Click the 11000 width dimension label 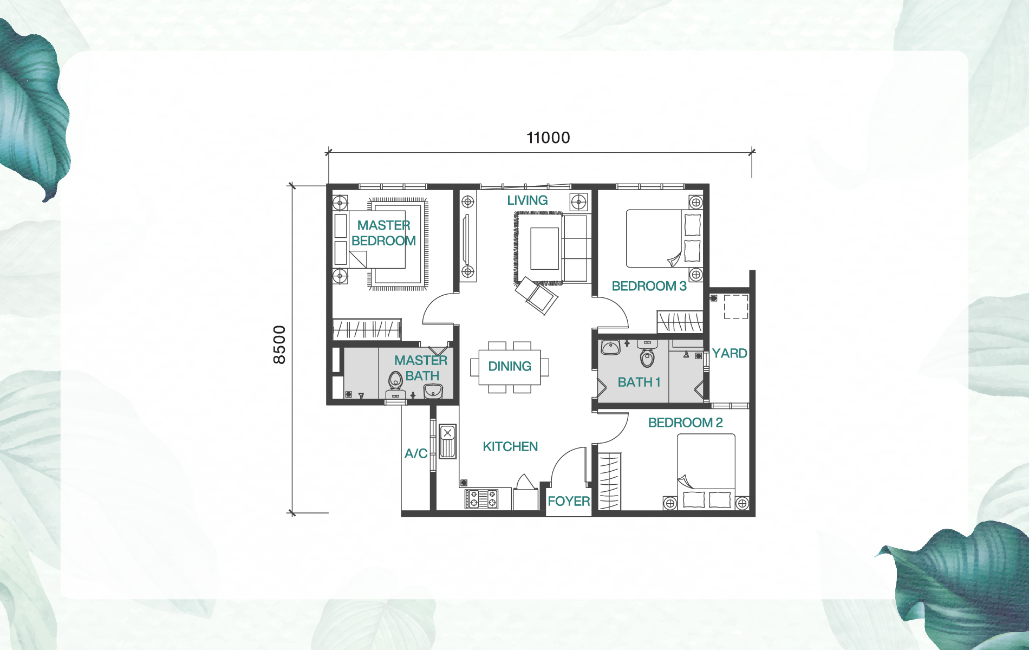(x=548, y=138)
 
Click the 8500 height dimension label (x=279, y=344)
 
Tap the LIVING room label (x=527, y=200)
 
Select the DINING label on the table (x=510, y=367)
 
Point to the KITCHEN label (x=510, y=447)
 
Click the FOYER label (x=568, y=502)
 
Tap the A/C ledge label (x=416, y=454)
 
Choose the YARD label (x=729, y=354)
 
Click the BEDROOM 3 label (x=649, y=287)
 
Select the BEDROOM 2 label (x=685, y=423)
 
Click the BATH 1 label (x=639, y=382)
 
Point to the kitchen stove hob (x=481, y=499)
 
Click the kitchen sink (x=447, y=442)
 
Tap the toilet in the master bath (x=395, y=381)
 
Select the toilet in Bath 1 (x=647, y=356)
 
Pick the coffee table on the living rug (x=544, y=249)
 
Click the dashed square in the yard (x=735, y=307)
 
